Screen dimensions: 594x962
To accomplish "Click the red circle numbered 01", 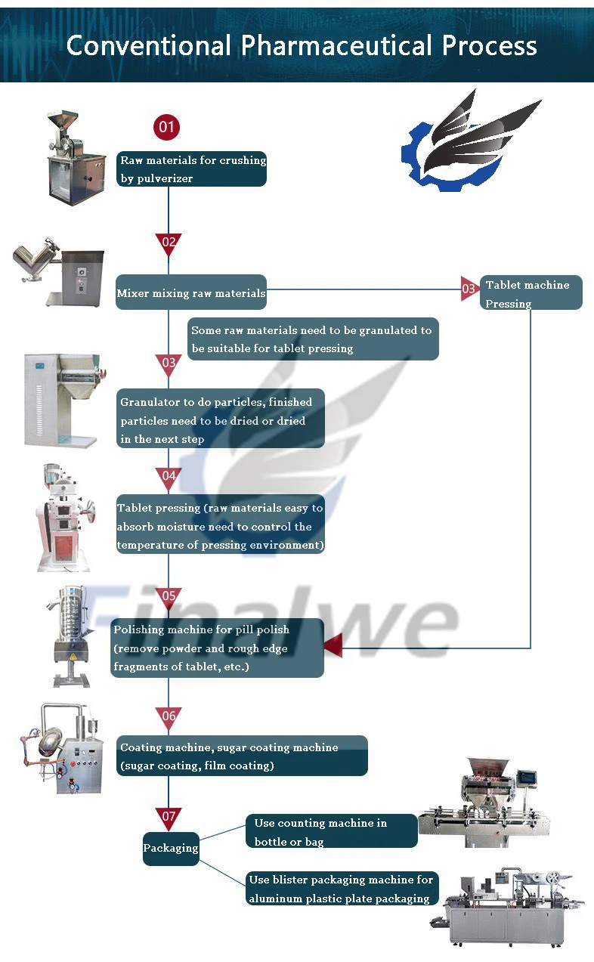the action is [x=166, y=126].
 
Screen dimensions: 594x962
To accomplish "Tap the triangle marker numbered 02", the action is [x=169, y=243].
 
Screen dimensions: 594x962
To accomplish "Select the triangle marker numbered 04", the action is [x=169, y=478].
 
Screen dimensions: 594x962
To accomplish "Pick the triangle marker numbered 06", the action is [x=169, y=716].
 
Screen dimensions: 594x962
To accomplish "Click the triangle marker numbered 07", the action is [x=169, y=818].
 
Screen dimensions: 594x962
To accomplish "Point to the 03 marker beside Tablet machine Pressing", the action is [x=469, y=289].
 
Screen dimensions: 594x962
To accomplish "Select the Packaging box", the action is [x=171, y=848].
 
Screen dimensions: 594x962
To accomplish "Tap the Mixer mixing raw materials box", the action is [x=191, y=292].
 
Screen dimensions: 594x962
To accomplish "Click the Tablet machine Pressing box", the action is [x=531, y=293].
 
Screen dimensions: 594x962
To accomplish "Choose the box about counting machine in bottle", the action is [x=331, y=831].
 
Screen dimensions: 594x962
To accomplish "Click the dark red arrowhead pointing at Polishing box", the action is [x=333, y=646].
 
